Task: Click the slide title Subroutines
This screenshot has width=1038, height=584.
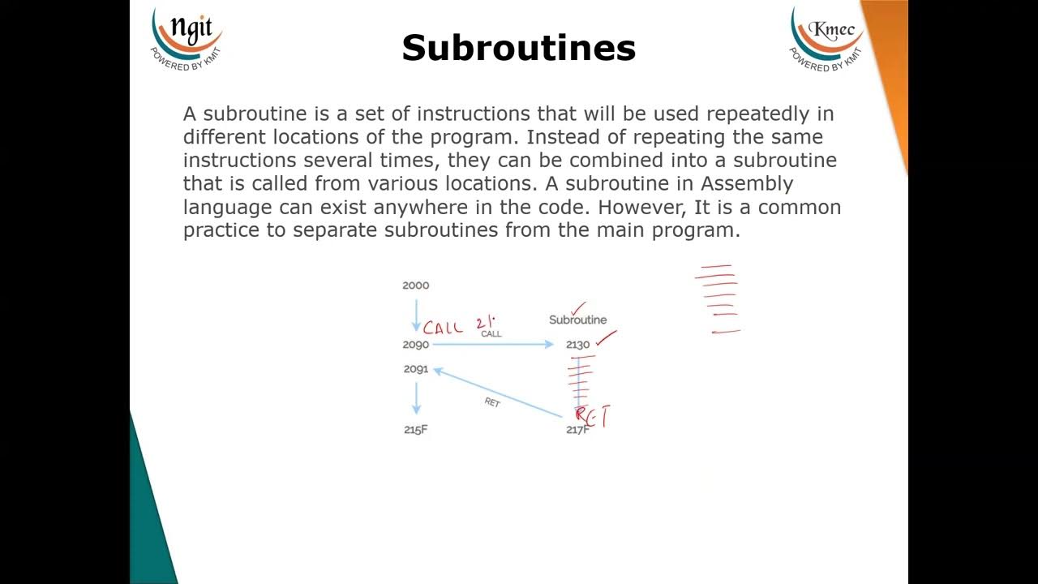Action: click(518, 48)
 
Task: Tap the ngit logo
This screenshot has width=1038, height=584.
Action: click(187, 36)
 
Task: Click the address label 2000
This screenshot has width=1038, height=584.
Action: click(416, 286)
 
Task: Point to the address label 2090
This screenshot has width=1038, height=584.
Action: click(416, 345)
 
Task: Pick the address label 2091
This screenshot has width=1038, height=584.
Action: click(416, 369)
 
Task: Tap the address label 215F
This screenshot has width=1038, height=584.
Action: click(415, 430)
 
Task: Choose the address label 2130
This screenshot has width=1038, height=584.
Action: click(577, 345)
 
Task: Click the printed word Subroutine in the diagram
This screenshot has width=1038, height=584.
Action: click(577, 320)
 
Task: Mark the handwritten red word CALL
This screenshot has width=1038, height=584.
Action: click(444, 328)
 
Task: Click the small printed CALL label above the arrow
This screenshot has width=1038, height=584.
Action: click(491, 334)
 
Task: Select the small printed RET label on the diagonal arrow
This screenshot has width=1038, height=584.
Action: click(492, 402)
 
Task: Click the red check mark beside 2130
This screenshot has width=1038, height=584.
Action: click(606, 338)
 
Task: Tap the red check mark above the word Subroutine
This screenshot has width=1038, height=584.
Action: click(578, 308)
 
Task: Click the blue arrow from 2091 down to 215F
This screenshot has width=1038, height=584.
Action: click(417, 398)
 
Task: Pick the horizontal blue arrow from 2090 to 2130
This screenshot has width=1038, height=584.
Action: click(493, 345)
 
